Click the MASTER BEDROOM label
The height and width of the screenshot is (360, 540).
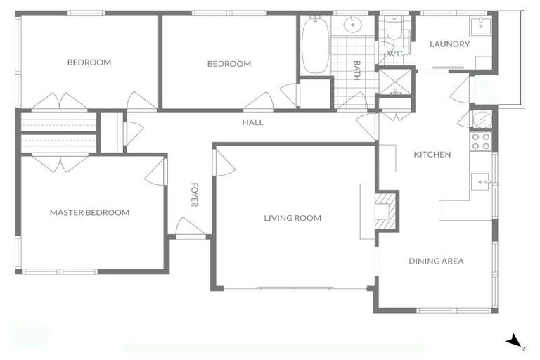[x=89, y=212]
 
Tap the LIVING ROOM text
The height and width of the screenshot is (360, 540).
[x=292, y=218]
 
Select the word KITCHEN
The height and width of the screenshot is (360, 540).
[x=432, y=155]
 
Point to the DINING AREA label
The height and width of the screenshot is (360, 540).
[x=436, y=261]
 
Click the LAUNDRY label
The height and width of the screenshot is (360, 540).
[x=449, y=44]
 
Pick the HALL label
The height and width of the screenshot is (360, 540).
[x=252, y=122]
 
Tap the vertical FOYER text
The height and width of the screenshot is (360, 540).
[x=195, y=195]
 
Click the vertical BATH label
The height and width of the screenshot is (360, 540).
[x=356, y=70]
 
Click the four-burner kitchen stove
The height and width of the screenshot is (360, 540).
[x=481, y=141]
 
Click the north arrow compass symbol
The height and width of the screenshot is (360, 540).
[x=515, y=341]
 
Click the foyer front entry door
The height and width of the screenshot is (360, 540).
[x=190, y=229]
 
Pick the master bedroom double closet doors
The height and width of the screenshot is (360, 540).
[x=60, y=163]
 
